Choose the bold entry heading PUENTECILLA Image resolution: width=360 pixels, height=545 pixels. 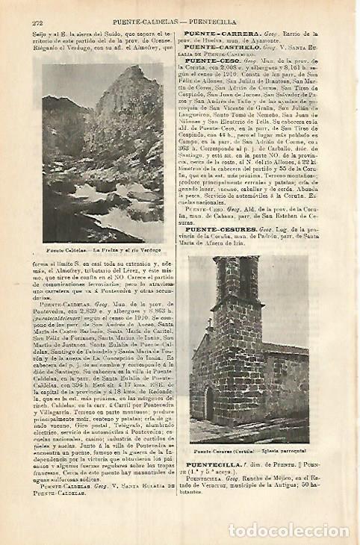point(212,464)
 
